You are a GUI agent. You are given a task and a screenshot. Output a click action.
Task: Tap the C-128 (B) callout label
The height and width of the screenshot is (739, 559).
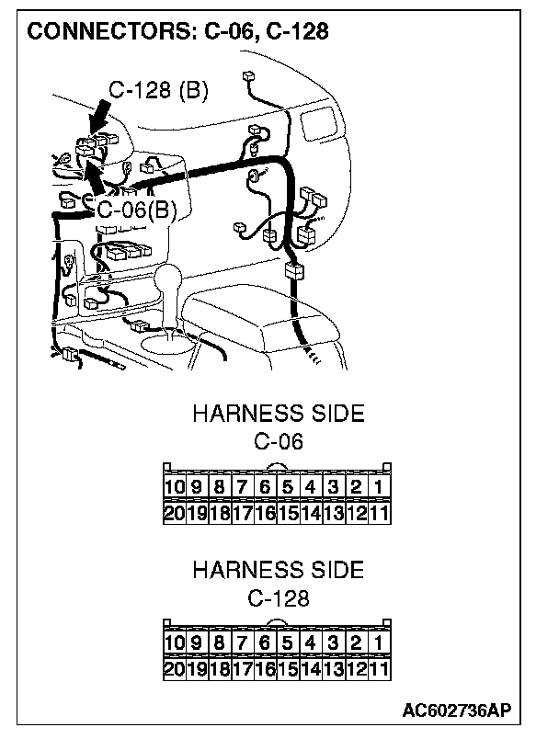tap(158, 90)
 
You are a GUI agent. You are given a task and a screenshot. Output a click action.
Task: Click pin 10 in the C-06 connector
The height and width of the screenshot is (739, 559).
tap(175, 486)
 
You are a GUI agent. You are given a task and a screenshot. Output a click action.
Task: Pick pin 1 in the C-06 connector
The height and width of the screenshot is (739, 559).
tap(379, 486)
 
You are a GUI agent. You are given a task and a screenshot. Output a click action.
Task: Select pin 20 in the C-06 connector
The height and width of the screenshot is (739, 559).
tap(175, 513)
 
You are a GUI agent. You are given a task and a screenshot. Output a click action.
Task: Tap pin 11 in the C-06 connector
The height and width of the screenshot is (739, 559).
tap(379, 513)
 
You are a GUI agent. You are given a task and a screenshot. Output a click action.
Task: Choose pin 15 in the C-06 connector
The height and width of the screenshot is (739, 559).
tap(288, 513)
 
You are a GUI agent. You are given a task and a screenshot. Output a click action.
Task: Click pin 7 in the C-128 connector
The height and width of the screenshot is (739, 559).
tap(243, 642)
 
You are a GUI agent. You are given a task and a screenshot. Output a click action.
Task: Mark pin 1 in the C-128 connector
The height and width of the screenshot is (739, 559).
tap(379, 642)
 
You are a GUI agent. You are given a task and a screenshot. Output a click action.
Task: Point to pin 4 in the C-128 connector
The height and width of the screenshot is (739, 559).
tap(311, 642)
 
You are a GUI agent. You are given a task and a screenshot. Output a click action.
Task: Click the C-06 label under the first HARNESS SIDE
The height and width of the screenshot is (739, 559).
tap(278, 441)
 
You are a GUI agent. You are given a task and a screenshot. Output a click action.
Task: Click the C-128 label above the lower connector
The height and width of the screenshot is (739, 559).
tap(278, 598)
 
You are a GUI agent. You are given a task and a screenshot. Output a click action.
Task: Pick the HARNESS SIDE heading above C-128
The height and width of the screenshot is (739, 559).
tap(278, 570)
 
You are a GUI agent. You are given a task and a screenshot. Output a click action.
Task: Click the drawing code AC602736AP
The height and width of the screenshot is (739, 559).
tap(456, 711)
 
